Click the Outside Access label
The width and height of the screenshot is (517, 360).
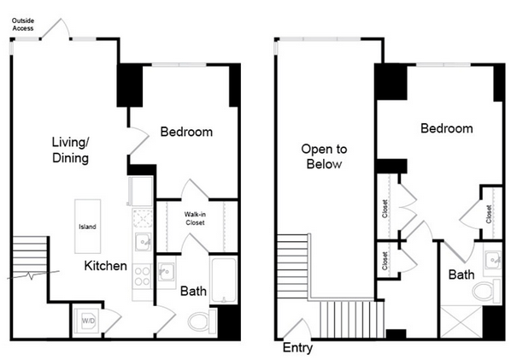23,25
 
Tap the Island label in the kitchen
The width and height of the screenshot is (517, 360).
87,227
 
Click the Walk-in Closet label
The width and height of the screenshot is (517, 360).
195,218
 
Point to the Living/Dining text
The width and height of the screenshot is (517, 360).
71,150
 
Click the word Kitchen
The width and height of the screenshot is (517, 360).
105,266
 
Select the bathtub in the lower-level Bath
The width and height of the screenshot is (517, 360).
224,280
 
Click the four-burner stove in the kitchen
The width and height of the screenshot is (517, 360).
143,276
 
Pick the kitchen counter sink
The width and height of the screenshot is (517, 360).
143,241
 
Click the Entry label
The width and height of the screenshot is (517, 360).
297,348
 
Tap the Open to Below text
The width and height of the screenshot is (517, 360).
324,156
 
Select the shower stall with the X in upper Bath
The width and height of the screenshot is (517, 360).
461,322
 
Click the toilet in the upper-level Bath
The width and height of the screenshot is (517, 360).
486,292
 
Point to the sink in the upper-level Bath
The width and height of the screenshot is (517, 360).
493,260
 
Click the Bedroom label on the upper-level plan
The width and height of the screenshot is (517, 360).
447,128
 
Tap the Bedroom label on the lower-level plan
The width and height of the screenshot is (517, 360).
186,132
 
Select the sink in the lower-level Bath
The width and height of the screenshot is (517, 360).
166,272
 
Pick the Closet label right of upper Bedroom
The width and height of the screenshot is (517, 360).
489,214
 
